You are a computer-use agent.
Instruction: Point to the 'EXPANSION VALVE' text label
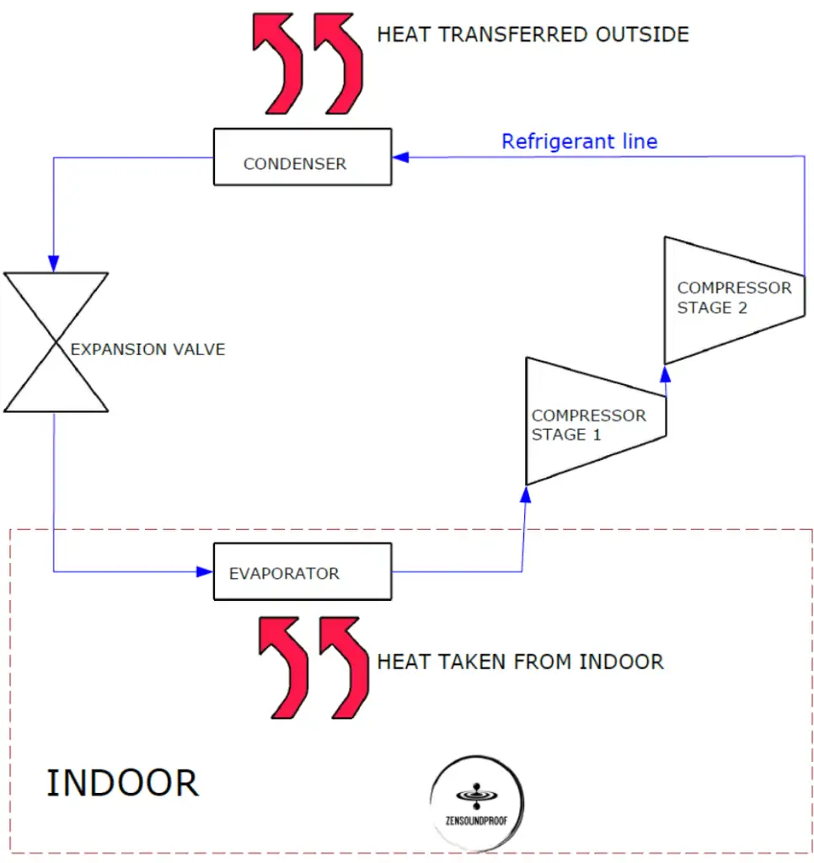(147, 350)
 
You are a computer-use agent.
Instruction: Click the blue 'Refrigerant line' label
(579, 142)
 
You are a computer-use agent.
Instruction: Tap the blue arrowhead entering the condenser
(400, 158)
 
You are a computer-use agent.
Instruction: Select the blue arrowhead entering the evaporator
(205, 572)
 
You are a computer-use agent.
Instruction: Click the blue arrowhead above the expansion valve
(53, 264)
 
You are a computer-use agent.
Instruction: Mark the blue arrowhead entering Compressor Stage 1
(526, 495)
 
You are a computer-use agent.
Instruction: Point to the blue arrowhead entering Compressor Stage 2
(666, 374)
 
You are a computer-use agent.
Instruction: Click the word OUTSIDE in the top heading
(642, 35)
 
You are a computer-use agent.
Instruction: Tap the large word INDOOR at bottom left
(122, 783)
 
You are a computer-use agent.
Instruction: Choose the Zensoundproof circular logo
(477, 803)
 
